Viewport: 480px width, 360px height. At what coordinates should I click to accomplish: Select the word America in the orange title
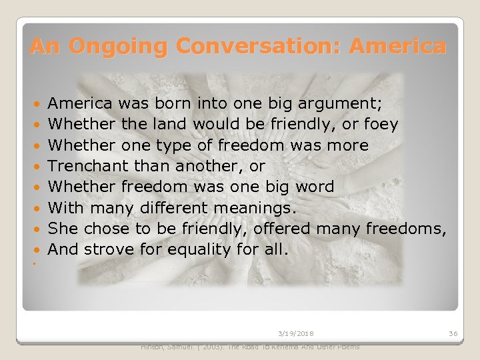click(x=397, y=47)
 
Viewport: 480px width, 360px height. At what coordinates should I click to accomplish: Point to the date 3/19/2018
click(x=297, y=333)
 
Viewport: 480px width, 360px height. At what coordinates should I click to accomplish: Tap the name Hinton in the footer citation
click(x=155, y=347)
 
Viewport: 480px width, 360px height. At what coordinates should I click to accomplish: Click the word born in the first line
click(x=169, y=104)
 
